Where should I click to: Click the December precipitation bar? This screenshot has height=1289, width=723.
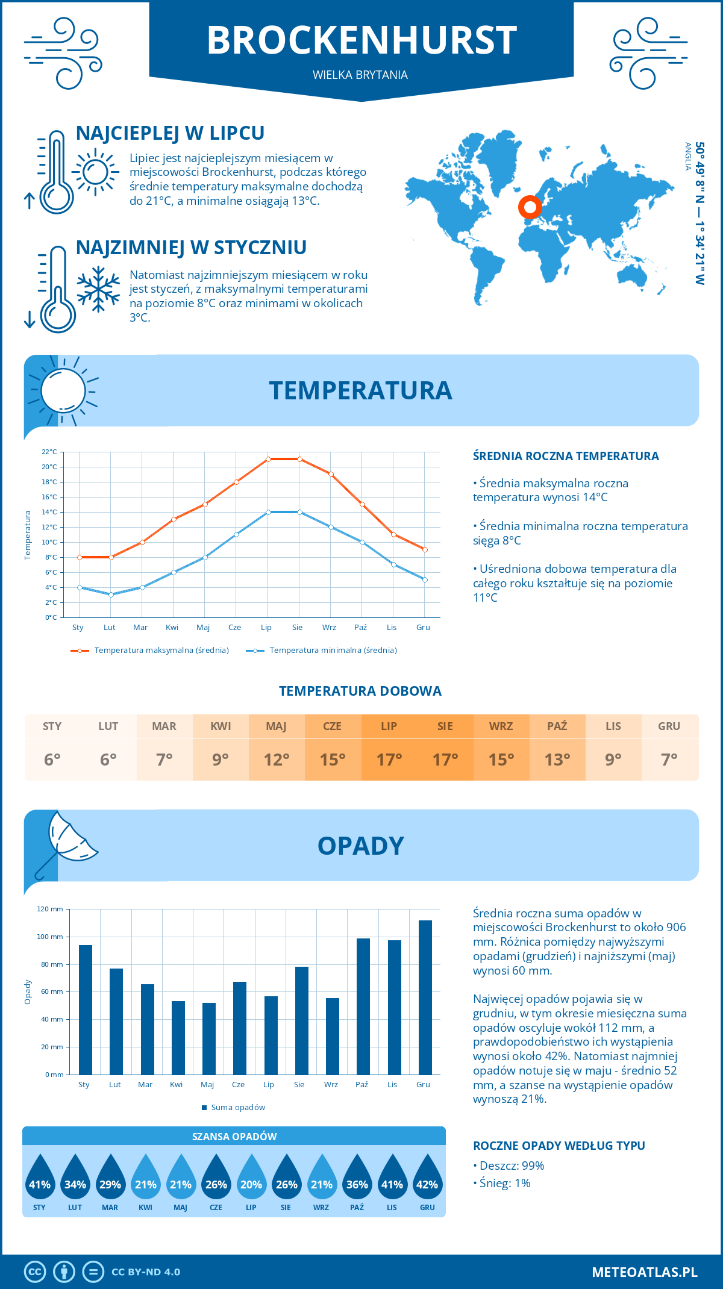tap(425, 997)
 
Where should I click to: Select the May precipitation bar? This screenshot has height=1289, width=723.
tap(208, 1038)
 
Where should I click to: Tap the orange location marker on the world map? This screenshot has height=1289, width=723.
tap(530, 207)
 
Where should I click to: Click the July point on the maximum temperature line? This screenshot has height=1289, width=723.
tap(268, 459)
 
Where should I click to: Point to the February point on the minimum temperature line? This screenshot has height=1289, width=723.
tap(111, 595)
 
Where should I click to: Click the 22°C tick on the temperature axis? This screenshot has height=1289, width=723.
tap(49, 452)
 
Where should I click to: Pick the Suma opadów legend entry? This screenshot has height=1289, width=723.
tap(237, 1107)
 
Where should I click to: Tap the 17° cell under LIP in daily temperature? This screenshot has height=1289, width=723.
tap(389, 760)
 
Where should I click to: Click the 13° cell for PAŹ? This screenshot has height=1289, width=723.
tap(557, 760)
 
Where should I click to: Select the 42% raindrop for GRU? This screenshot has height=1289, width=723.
tap(427, 1181)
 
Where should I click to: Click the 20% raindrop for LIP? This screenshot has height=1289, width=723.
tap(251, 1181)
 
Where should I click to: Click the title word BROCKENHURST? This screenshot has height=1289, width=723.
tap(361, 41)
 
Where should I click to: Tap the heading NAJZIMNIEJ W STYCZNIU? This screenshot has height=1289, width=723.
tap(191, 248)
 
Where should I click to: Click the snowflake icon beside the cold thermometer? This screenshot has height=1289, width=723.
tap(98, 289)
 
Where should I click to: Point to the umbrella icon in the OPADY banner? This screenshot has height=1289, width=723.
tap(66, 843)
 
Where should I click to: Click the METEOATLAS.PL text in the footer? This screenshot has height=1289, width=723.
tap(644, 1272)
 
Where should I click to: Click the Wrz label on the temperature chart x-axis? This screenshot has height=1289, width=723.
tap(329, 628)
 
